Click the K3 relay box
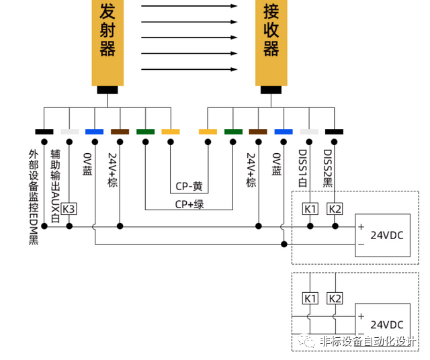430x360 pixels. [x=69, y=209]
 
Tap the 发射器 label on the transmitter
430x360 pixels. [x=107, y=30]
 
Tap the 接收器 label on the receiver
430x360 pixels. [x=271, y=30]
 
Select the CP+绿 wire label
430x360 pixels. [x=189, y=204]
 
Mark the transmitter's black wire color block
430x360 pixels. [x=44, y=132]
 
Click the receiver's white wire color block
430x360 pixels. [x=309, y=132]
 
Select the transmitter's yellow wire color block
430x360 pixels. [x=171, y=132]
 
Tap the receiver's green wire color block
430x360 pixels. [x=233, y=132]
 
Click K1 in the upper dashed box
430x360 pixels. [x=310, y=209]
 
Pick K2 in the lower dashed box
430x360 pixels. [x=335, y=298]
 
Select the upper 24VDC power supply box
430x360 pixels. [x=382, y=236]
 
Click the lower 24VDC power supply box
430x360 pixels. [x=382, y=323]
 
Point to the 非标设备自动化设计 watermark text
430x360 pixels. [x=366, y=341]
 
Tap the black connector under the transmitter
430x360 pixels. [x=107, y=90]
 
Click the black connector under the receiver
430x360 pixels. [x=271, y=90]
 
